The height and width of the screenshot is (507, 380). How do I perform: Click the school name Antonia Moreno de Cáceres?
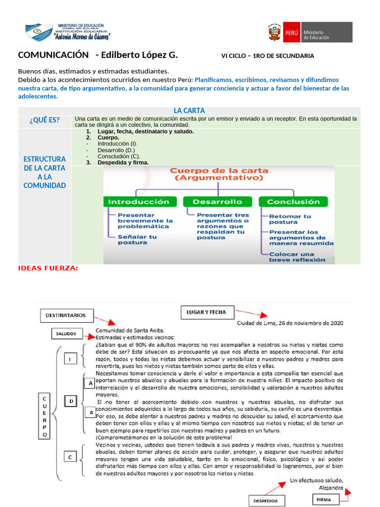tap(76, 37)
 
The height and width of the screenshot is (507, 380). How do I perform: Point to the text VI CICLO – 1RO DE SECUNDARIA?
tap(267, 56)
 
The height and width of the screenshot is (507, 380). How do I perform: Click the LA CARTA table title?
tap(189, 110)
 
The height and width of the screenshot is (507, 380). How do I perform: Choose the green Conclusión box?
tap(293, 202)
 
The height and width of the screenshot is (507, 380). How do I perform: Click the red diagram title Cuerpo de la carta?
tap(219, 174)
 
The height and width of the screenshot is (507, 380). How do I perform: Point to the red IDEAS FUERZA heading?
tap(48, 268)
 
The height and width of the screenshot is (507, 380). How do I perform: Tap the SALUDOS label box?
tap(66, 334)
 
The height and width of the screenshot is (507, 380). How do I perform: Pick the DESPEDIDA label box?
tap(266, 500)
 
